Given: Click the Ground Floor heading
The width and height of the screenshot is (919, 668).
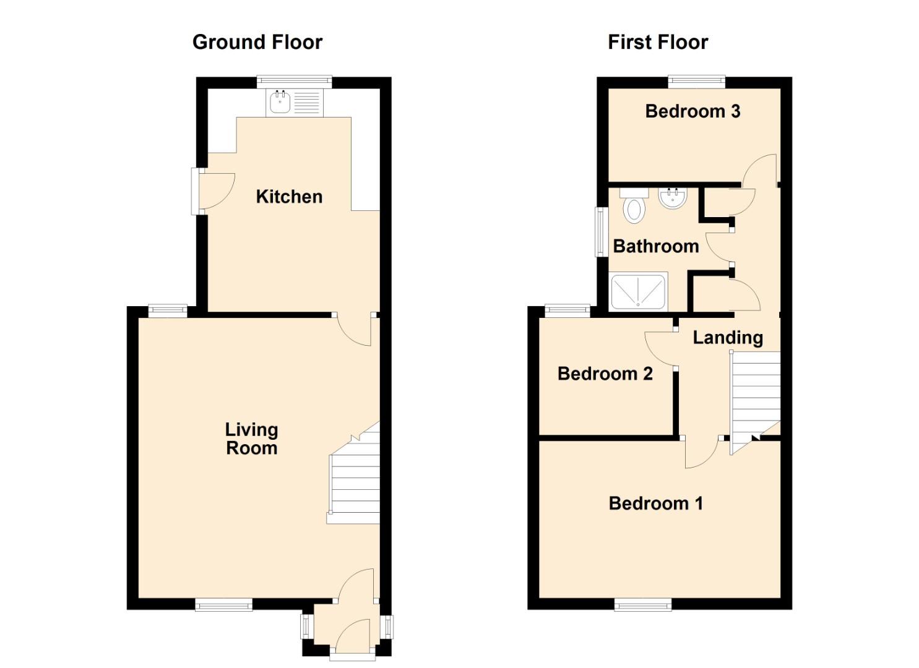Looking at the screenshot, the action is (257, 42).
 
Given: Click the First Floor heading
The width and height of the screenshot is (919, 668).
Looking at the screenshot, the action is (658, 42).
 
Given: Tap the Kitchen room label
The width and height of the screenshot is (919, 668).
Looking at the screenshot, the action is (289, 197).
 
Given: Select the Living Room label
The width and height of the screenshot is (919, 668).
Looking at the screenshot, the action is (251, 439).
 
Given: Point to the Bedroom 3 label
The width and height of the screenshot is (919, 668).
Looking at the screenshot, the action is (693, 111).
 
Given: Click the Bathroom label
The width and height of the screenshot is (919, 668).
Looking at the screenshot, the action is (656, 246).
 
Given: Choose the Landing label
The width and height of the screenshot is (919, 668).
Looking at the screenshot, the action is (728, 338).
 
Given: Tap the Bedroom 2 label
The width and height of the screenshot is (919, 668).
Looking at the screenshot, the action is (605, 374).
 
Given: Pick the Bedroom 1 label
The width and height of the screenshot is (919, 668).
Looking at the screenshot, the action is (655, 503).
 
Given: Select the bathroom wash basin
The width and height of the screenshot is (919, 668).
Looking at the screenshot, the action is (673, 198).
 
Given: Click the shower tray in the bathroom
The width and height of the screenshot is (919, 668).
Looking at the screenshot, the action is (638, 293).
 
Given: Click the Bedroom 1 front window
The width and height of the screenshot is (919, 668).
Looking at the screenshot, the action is (643, 604).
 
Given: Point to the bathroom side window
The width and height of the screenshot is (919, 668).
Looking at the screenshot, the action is (601, 232).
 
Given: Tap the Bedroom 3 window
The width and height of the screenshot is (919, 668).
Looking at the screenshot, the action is (697, 82).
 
